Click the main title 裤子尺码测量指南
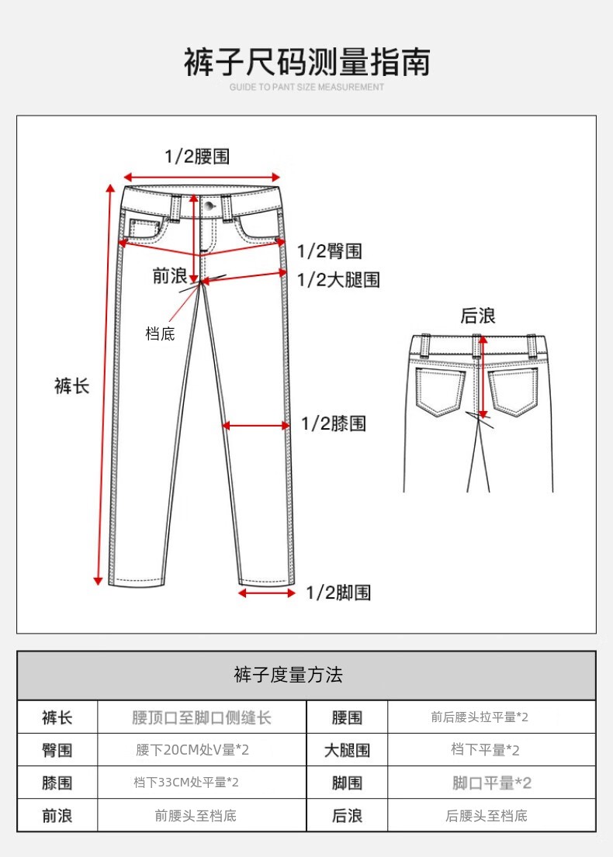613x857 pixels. [306, 62]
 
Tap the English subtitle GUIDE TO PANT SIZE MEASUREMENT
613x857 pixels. [306, 87]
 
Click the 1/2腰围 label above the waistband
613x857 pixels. [197, 157]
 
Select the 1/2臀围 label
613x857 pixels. [330, 251]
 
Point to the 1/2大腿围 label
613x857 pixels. [338, 280]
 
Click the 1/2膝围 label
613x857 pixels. [334, 423]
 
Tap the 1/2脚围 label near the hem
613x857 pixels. [338, 593]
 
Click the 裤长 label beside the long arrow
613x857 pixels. [71, 386]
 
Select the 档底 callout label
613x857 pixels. [160, 333]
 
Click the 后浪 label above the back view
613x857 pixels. [477, 316]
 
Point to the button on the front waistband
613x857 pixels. [210, 206]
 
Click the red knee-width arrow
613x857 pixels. [255, 426]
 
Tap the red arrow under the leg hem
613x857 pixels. [267, 593]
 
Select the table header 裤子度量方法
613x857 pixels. [288, 675]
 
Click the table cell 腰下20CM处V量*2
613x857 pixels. [192, 750]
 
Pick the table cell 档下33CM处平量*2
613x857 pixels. [186, 783]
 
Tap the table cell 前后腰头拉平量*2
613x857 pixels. [480, 717]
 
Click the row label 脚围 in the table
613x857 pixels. [348, 783]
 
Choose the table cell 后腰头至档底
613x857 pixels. [487, 816]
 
